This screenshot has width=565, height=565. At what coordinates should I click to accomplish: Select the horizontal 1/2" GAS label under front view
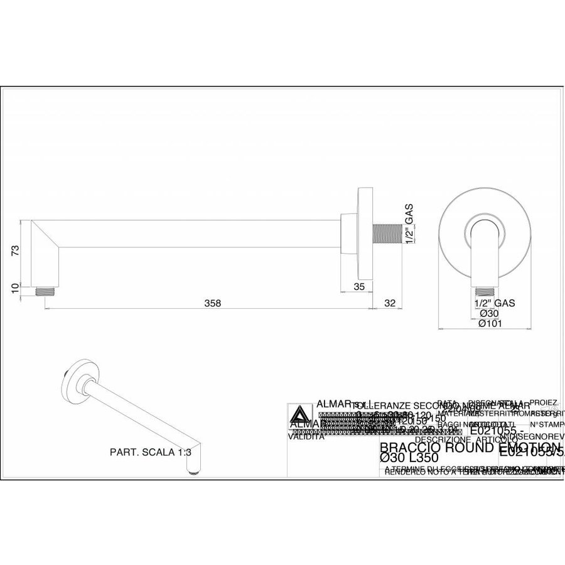click(495, 303)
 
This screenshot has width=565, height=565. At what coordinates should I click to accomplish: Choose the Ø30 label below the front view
click(488, 313)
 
